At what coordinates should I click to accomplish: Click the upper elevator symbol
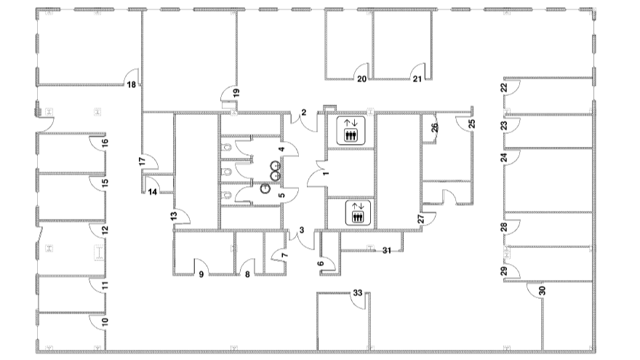(x=351, y=130)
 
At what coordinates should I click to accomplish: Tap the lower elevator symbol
(x=358, y=212)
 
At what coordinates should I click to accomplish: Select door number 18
(x=132, y=85)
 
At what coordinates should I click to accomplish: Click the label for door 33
(x=358, y=292)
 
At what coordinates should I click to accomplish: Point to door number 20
(x=362, y=79)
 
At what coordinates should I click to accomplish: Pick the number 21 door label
(x=417, y=79)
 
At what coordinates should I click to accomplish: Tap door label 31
(x=386, y=250)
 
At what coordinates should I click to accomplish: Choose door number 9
(x=201, y=275)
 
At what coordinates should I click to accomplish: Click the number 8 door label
(x=247, y=275)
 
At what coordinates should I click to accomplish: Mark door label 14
(x=152, y=192)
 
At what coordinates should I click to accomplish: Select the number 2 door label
(x=304, y=112)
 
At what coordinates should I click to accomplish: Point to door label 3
(x=302, y=231)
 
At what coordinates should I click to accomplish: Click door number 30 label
(x=543, y=291)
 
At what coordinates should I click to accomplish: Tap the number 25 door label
(x=472, y=124)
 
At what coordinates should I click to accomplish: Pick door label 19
(x=236, y=93)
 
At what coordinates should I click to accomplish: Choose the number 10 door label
(x=105, y=321)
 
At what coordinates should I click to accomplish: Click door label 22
(x=504, y=88)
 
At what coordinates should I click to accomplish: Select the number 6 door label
(x=321, y=264)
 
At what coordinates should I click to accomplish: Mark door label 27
(x=421, y=219)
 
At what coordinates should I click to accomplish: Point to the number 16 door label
(x=105, y=143)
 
